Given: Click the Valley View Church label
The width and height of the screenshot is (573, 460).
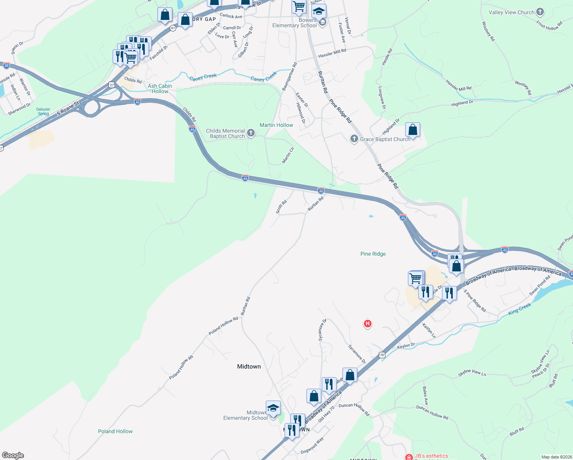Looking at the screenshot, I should tap(511, 12).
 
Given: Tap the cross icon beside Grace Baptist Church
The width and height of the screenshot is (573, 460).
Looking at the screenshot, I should tap(354, 139).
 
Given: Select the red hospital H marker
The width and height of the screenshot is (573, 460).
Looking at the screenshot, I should tap(367, 324).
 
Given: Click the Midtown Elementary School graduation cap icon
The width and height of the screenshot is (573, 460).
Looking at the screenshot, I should tap(273, 408).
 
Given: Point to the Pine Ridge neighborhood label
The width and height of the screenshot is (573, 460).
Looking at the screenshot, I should tap(373, 254).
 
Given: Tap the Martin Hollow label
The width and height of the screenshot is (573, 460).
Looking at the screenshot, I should tap(276, 125).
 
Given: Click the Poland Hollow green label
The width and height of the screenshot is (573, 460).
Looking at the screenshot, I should tap(115, 431).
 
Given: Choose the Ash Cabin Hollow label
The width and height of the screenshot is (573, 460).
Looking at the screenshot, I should tap(160, 89).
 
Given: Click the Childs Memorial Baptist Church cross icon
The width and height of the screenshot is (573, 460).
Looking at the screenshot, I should tap(251, 133).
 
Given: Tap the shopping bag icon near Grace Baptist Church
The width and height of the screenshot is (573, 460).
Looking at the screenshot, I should tap(413, 130).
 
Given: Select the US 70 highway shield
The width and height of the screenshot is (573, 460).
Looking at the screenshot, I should tap(381, 355).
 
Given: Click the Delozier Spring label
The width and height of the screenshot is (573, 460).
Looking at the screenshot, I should tap(43, 111).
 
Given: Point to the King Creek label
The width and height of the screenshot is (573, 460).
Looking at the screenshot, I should tap(519, 309).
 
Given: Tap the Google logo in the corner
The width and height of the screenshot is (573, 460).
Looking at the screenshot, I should tap(13, 455).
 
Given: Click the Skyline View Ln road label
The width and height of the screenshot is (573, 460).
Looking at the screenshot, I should tap(472, 373).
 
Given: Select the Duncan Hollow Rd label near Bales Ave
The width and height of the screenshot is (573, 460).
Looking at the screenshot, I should tap(432, 412).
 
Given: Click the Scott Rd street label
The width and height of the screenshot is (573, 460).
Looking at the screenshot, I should tap(281, 207).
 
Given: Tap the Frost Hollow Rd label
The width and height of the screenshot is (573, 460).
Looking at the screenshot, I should tap(549, 26).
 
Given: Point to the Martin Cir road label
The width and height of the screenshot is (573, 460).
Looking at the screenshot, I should tap(288, 155).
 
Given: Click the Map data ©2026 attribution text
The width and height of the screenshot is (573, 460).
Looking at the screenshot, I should tap(555, 457).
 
